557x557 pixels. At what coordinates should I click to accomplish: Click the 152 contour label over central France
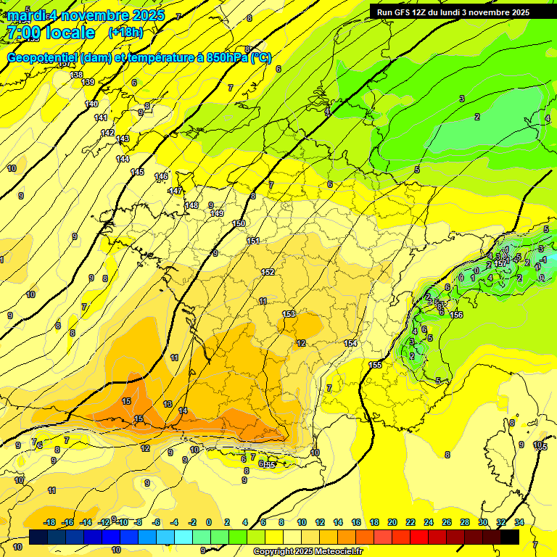coord(268,272)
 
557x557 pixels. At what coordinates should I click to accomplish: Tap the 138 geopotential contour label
coord(76,75)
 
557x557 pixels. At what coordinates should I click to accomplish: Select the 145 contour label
coord(137,172)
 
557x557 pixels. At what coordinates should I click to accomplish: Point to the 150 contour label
coord(239,223)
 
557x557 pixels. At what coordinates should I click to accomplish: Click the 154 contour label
coord(351,343)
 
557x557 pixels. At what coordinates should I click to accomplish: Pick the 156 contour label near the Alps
coord(456,315)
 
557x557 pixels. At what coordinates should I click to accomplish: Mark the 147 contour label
coord(176,191)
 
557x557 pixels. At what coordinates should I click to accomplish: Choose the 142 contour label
coord(107,133)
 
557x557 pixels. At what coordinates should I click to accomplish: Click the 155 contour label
coord(375,365)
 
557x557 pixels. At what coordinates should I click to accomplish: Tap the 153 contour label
coord(289,313)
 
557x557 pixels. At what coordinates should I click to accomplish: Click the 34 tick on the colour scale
coord(519,522)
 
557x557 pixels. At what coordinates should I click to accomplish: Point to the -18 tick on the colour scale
coord(49,522)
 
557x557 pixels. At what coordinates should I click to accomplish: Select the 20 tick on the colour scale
coord(392,522)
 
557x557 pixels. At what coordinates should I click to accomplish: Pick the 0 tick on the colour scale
coord(209,522)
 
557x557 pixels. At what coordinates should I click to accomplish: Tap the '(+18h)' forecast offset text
coord(125,33)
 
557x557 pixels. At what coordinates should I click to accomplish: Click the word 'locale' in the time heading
coord(69,33)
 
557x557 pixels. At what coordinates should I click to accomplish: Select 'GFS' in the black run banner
coord(400,12)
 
